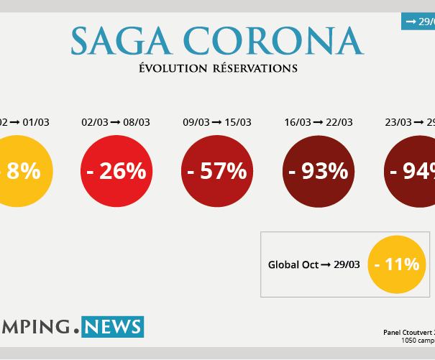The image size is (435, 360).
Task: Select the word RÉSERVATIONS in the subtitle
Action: coord(255,68)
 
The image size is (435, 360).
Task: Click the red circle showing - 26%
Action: coord(116,171)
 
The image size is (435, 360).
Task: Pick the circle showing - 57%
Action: coord(216,171)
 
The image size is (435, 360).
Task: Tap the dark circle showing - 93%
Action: coord(319,171)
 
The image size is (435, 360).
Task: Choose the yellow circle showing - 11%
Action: coord(396,264)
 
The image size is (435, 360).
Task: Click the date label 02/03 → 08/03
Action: coord(116,122)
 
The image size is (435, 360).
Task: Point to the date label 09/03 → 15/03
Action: coord(216,122)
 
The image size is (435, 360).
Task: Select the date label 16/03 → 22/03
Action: coord(319,122)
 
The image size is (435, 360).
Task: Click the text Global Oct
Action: coord(293,265)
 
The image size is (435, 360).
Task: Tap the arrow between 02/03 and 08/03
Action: coord(115,122)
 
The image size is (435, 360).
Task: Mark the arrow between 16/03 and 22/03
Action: coord(318,122)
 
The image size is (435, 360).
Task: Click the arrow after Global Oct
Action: coord(326,265)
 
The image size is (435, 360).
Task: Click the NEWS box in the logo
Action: coord(112,327)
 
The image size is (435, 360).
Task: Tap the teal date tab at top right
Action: coord(418,22)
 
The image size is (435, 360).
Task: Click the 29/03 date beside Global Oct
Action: coord(347,265)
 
